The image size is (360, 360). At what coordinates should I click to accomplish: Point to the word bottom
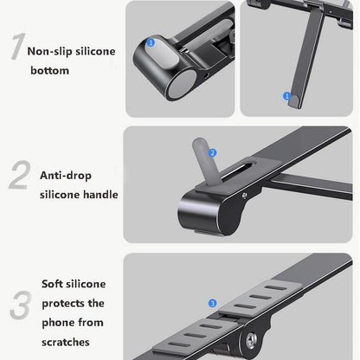coord(48,70)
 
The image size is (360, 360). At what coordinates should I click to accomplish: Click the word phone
coord(59,323)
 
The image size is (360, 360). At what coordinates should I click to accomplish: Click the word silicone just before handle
coord(60,195)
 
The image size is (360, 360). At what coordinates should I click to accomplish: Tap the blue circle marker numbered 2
coord(213,152)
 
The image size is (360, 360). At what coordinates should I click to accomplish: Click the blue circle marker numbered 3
coord(213,303)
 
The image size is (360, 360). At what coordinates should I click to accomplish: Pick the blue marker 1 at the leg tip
coord(287,97)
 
